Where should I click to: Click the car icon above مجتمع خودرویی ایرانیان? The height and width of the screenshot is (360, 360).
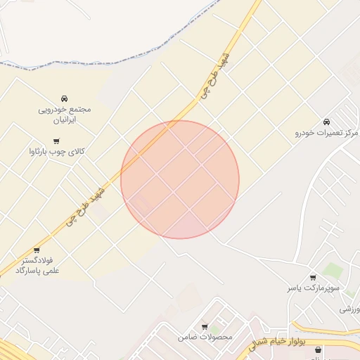tap(65, 98)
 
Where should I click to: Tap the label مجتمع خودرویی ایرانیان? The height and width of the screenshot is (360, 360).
tap(65, 115)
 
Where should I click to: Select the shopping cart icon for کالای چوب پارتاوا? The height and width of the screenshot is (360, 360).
tap(56, 141)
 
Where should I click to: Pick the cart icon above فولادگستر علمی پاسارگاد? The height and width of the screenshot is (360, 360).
tap(37, 250)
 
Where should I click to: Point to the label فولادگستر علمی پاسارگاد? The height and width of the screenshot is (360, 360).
tap(37, 265)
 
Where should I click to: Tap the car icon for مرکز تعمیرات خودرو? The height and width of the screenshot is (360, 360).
tap(326, 122)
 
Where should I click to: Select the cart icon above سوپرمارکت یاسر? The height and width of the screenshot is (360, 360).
tap(313, 278)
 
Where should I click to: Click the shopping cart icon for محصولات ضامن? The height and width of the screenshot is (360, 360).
tap(205, 327)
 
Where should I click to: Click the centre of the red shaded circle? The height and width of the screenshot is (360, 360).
tap(180, 179)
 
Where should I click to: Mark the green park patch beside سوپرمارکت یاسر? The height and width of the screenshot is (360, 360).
tap(333, 270)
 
